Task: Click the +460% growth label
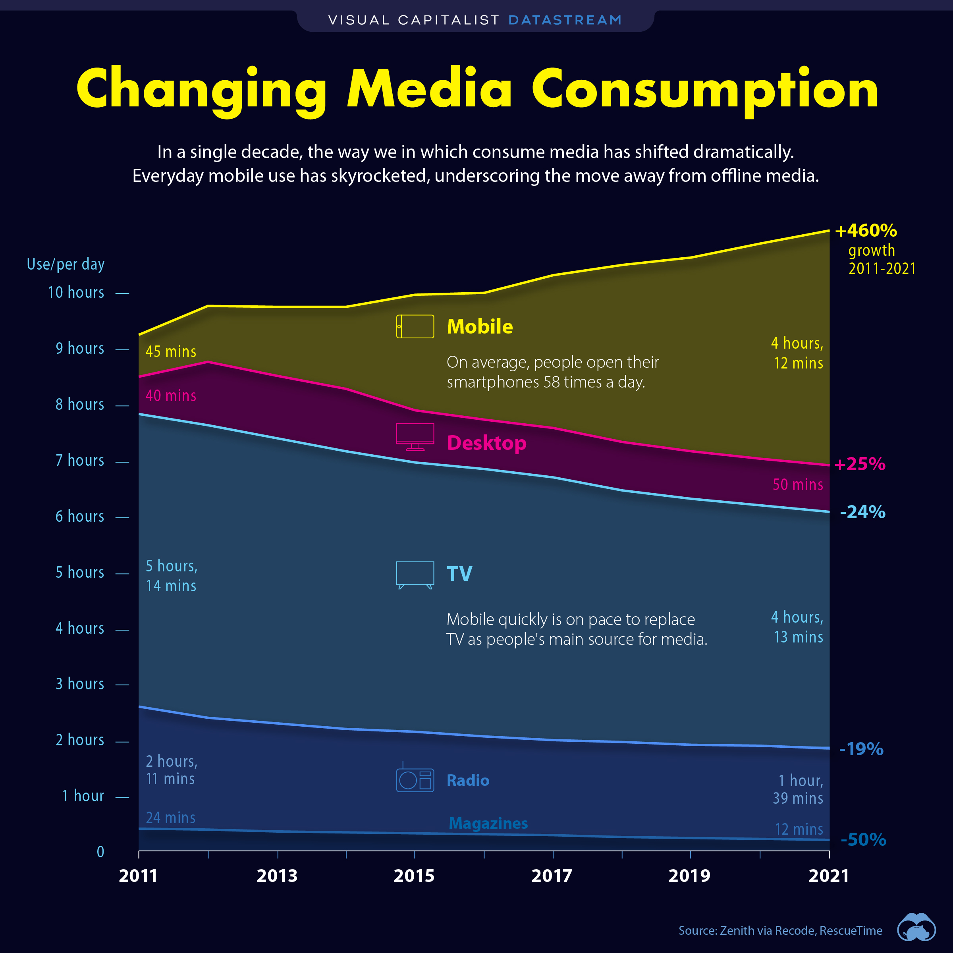pos(866,231)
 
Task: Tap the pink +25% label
pos(860,464)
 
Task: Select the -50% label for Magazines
pos(863,839)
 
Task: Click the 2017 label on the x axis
pos(552,876)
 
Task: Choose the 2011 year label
pos(138,876)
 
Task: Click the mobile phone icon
pos(415,326)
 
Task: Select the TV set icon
pos(415,575)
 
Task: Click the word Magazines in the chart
pos(488,823)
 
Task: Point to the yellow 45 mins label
pos(171,352)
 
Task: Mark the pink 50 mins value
pos(798,484)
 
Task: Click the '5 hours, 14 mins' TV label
pos(171,576)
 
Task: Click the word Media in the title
pos(430,89)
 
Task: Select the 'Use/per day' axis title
pos(66,264)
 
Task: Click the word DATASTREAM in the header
pos(565,20)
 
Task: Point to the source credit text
pos(780,930)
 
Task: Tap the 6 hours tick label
pos(80,517)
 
